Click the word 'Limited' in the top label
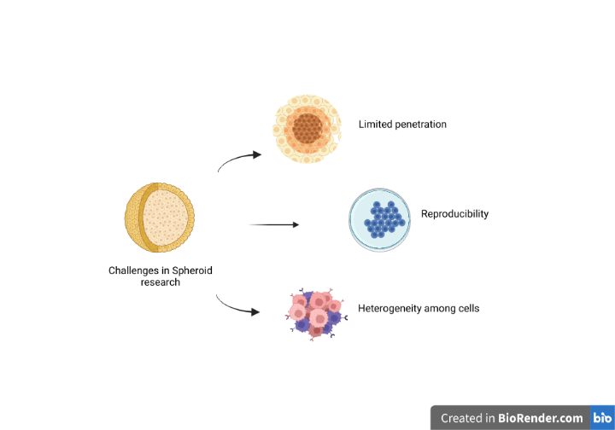pos(375,125)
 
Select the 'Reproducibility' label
pos(454,214)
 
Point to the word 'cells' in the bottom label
pos(467,308)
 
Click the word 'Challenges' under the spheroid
pos(133,270)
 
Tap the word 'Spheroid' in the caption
pos(192,270)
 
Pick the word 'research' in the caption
pos(161,282)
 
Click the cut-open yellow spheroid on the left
pos(160,218)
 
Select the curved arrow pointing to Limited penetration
pos(238,160)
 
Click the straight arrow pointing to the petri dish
pos(273,224)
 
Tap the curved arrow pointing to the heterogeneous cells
pos(237,306)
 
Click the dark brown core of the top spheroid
pos(305,129)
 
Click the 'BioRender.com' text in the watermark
pos(541,418)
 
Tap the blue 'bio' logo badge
pos(601,418)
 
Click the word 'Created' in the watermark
pos(461,418)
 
